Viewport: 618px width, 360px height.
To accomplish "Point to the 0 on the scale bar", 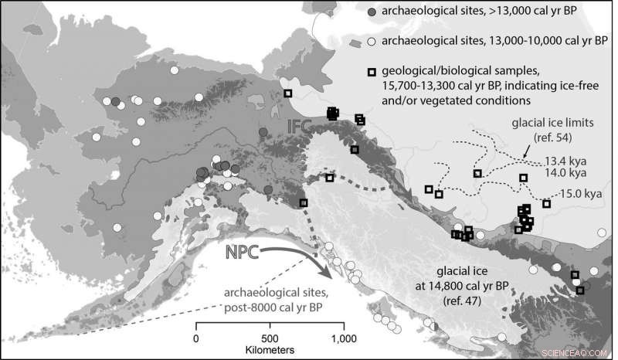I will (196, 338).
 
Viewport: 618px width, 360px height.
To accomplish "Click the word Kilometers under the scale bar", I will (270, 350).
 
